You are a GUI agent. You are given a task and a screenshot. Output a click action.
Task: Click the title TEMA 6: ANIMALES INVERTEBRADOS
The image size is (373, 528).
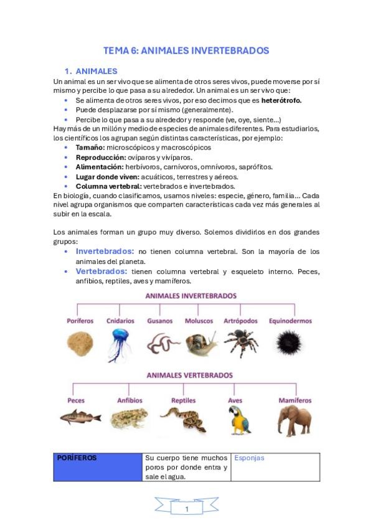click(186, 50)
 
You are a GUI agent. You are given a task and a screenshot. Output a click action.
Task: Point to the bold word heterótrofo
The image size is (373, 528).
click(281, 100)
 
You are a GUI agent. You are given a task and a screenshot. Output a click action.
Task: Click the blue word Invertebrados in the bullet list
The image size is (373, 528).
click(105, 251)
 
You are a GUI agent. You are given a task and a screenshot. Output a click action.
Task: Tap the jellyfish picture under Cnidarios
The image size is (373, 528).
click(119, 344)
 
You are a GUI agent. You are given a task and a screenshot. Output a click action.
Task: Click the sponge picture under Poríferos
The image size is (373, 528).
click(80, 344)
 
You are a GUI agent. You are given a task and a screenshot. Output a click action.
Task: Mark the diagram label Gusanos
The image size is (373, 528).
click(159, 321)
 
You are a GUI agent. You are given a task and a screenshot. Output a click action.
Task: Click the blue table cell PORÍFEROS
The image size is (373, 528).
click(98, 466)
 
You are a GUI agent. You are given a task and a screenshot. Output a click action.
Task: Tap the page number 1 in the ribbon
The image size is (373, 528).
click(187, 509)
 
